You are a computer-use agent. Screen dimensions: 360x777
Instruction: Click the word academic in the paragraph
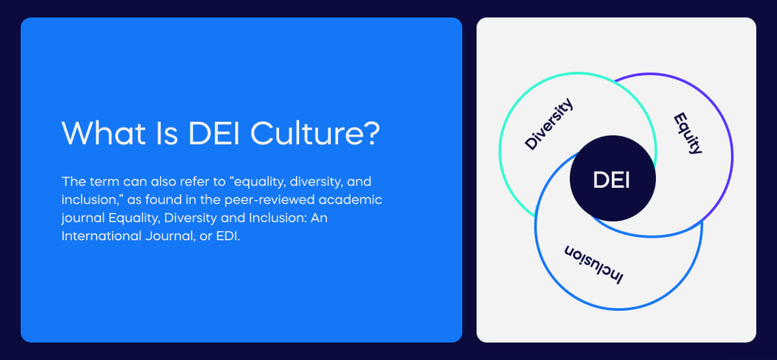coord(356,199)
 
